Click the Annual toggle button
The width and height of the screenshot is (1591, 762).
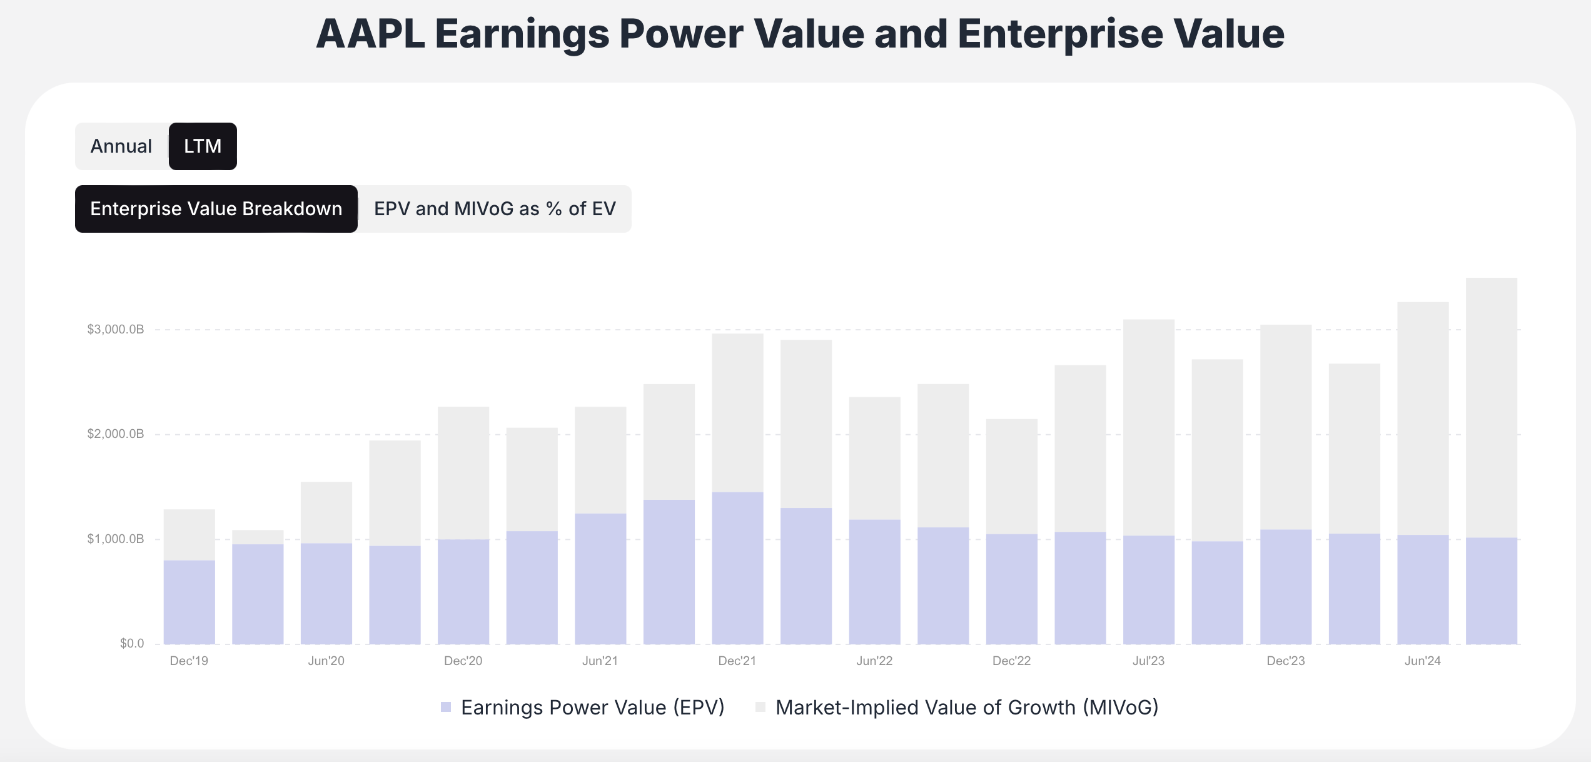(x=121, y=146)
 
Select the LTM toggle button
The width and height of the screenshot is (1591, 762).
(x=203, y=146)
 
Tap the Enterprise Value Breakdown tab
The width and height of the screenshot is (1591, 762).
(x=216, y=209)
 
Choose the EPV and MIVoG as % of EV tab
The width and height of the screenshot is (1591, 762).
(x=495, y=209)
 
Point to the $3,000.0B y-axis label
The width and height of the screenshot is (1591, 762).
(x=116, y=329)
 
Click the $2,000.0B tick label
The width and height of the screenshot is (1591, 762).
(x=116, y=434)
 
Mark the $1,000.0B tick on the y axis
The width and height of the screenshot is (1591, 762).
(x=116, y=539)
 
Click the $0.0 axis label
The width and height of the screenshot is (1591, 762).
(x=132, y=643)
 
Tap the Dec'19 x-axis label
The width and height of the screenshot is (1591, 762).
(x=189, y=661)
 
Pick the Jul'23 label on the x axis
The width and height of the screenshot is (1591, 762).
(x=1148, y=661)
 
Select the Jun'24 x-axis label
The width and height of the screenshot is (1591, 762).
(x=1422, y=661)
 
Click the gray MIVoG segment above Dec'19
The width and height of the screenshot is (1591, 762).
(x=189, y=534)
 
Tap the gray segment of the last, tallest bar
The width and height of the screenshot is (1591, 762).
(x=1491, y=407)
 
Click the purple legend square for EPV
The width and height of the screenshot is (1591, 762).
(x=446, y=707)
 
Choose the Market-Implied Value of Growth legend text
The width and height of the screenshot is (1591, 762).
(x=966, y=708)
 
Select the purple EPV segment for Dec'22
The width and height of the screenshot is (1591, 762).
(x=1011, y=589)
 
